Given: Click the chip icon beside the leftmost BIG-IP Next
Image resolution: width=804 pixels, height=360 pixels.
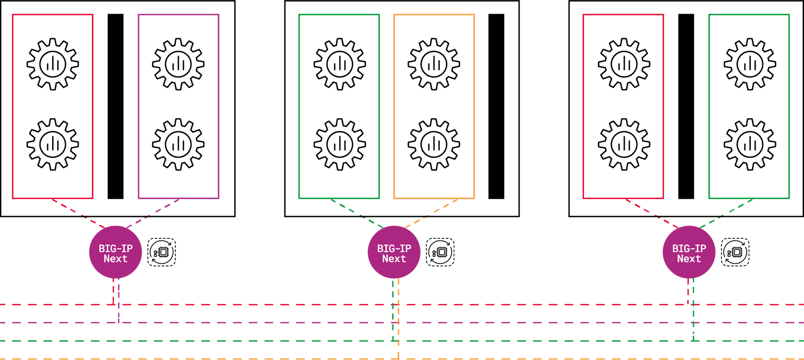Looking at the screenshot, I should (161, 252).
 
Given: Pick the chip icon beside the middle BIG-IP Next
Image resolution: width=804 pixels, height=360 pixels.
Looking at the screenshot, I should (440, 252).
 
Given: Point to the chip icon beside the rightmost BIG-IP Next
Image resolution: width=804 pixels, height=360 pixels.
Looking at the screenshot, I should (735, 252).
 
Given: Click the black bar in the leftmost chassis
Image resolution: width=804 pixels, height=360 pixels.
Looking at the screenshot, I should (116, 107).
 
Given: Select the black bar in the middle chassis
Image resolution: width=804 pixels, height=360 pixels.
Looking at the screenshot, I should (496, 107).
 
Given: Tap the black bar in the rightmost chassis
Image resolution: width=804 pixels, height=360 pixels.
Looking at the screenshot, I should (686, 107).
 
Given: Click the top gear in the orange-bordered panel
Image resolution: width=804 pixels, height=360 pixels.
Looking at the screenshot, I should (434, 64).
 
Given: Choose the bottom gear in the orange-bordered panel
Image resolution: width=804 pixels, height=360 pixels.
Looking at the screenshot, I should (434, 145).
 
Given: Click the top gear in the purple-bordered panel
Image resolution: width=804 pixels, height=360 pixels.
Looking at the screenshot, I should (178, 64).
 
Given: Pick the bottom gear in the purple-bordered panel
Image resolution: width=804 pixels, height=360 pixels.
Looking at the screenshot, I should (178, 145).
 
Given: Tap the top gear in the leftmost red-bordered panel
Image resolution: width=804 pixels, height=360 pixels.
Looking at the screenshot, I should (53, 64).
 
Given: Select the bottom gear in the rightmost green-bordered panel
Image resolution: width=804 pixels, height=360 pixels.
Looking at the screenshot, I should (750, 145).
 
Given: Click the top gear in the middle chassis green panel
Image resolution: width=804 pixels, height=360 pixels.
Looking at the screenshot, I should (340, 64).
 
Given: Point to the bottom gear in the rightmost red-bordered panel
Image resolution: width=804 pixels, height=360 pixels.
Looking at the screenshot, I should (624, 145).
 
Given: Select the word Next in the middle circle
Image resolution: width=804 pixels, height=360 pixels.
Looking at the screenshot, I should (394, 259).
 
